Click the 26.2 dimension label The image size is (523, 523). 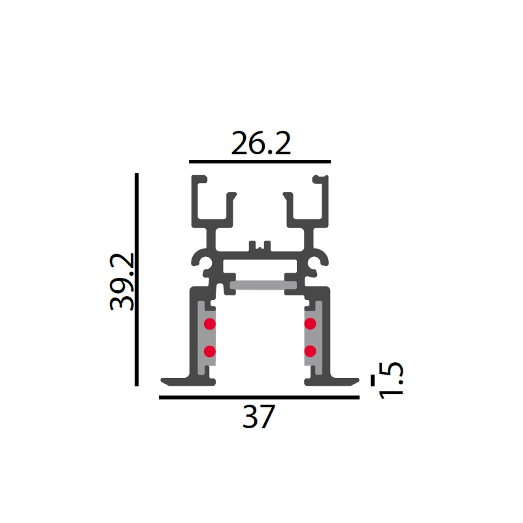(261, 143)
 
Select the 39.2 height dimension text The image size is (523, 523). (122, 282)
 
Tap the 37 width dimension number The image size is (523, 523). (259, 416)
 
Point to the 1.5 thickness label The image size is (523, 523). (391, 380)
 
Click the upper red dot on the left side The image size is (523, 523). (209, 324)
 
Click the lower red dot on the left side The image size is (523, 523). (209, 351)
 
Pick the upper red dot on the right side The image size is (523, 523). (310, 324)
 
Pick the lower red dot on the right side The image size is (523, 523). (310, 351)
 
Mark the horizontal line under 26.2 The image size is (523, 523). (260, 161)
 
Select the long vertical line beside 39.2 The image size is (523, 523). (137, 280)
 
